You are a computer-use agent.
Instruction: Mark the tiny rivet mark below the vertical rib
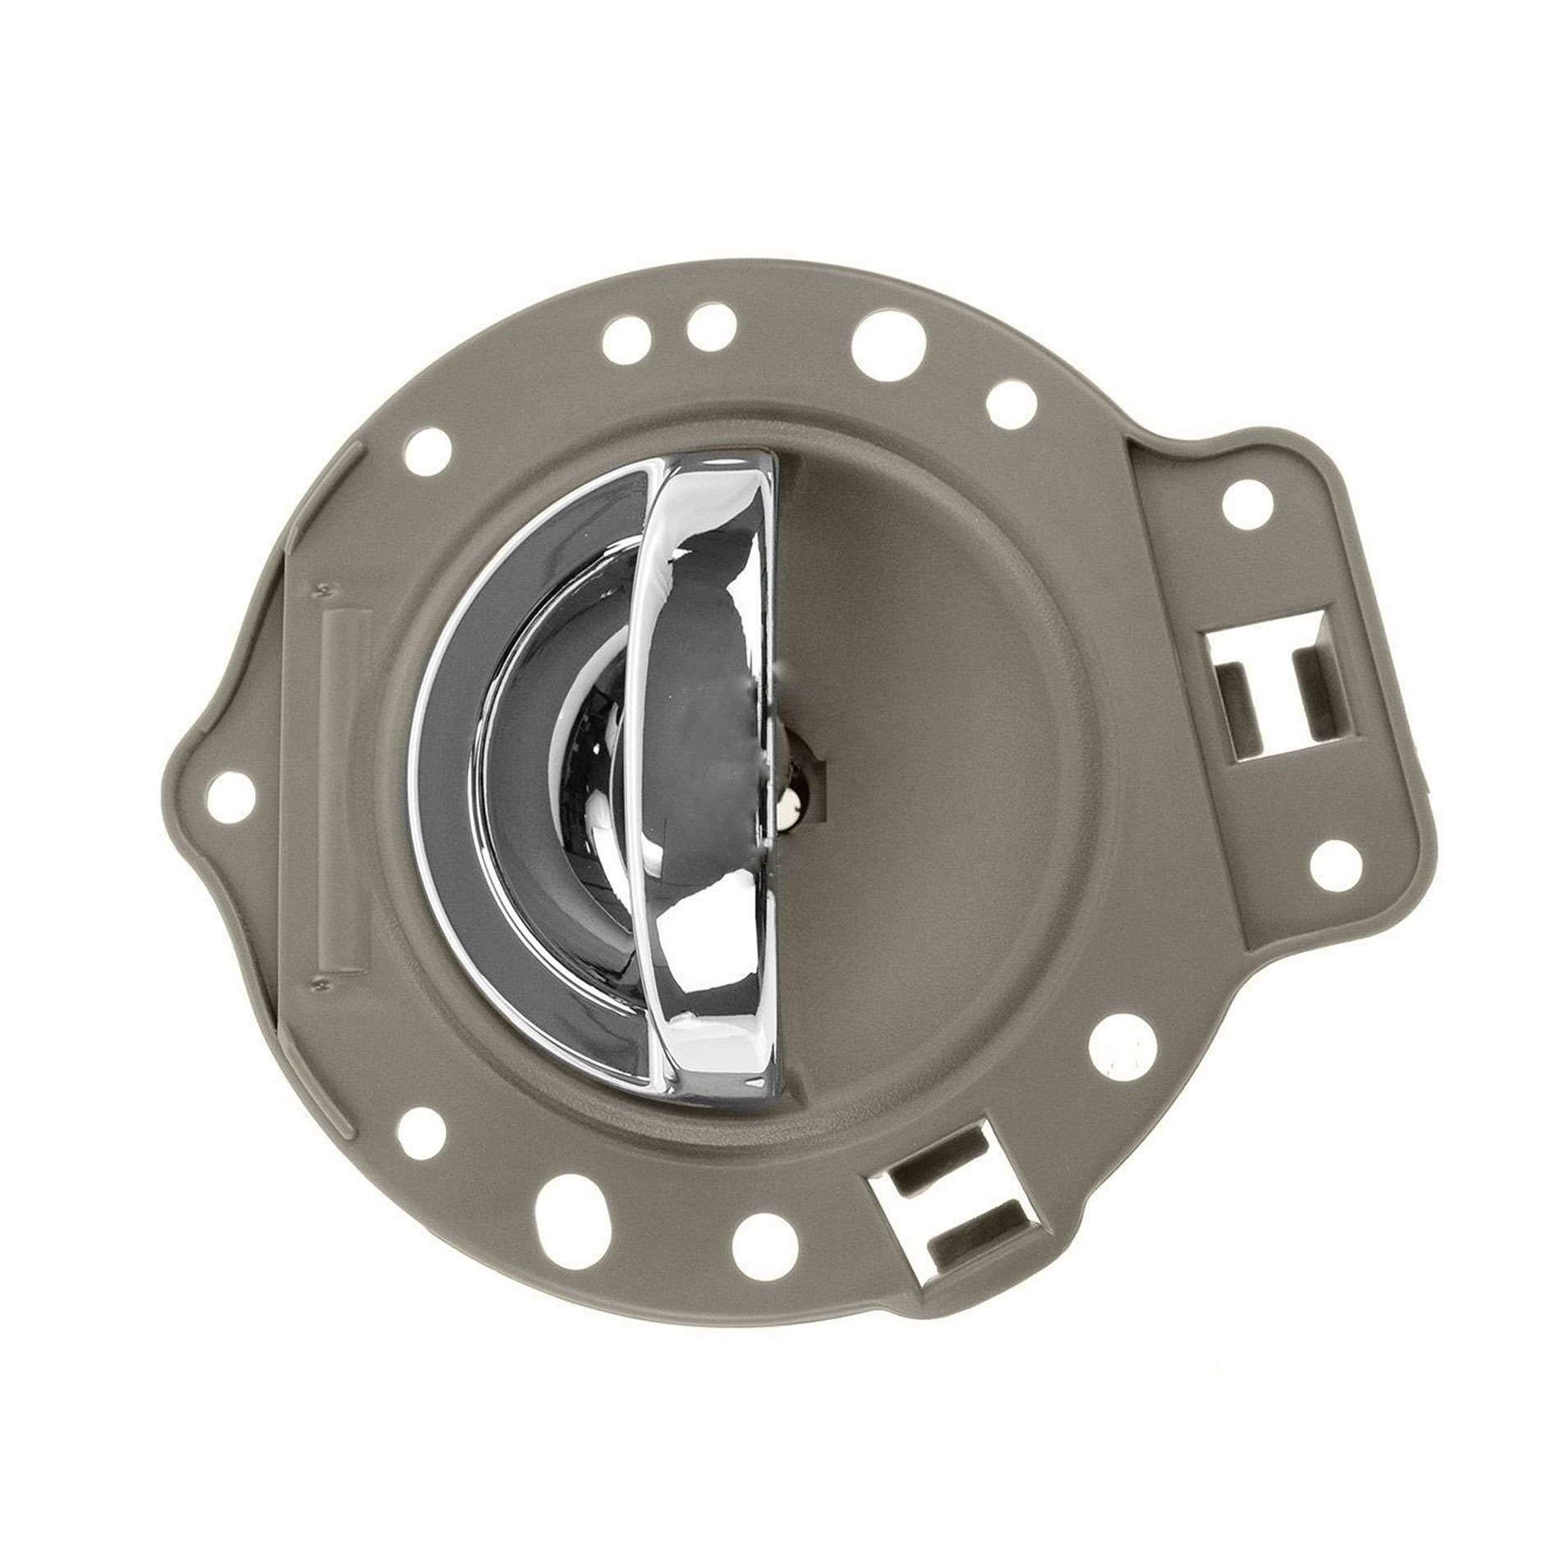321,982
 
